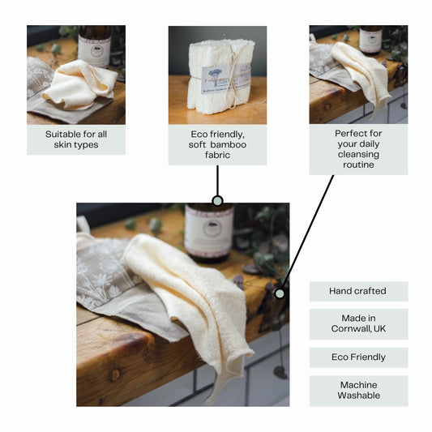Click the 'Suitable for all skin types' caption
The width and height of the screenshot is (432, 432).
tap(75, 139)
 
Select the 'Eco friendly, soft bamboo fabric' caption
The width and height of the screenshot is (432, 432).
tap(217, 144)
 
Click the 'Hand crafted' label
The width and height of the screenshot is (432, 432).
tap(357, 291)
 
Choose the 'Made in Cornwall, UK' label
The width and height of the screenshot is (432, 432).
tap(357, 324)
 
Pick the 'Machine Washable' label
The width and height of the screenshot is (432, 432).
tap(357, 390)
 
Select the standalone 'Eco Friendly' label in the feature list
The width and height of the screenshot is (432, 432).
tap(357, 357)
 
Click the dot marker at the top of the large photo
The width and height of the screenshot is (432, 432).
tap(217, 200)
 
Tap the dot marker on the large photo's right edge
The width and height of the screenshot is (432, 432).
tap(280, 293)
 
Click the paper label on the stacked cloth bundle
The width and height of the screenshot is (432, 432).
tap(217, 77)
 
